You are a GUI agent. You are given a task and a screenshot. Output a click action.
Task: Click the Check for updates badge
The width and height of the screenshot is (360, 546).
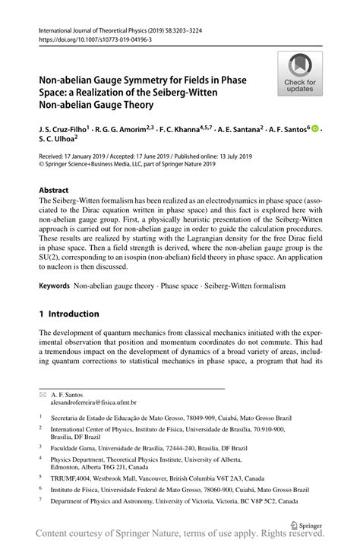301,74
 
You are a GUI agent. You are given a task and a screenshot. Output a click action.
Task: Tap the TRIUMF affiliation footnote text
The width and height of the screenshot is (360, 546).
157,479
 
